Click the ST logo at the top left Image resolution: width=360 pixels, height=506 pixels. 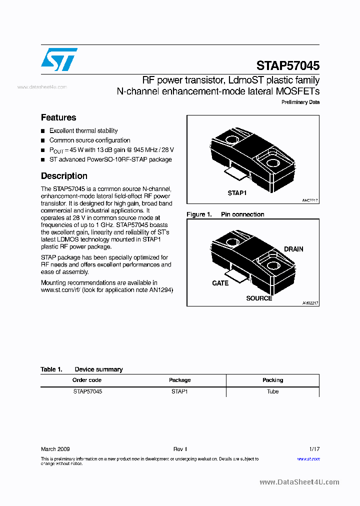[x=59, y=59]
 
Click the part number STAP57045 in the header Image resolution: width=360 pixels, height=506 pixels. [x=287, y=65]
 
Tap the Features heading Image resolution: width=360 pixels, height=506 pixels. [x=58, y=117]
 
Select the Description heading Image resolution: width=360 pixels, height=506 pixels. [x=64, y=176]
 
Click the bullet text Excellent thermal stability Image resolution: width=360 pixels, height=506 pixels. [x=83, y=130]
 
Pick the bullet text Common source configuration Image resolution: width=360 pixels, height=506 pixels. [x=89, y=140]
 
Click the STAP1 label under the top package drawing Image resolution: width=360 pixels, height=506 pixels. [x=237, y=193]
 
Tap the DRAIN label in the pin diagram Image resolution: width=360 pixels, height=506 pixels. [x=293, y=249]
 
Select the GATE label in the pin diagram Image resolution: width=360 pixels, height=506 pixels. [x=220, y=283]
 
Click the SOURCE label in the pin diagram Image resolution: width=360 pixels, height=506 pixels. [x=259, y=298]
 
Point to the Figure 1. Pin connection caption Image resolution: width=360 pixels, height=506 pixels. [x=225, y=214]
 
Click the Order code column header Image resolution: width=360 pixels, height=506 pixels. [x=87, y=380]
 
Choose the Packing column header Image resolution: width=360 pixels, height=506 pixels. [x=272, y=380]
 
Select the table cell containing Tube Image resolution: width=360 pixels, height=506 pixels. [x=272, y=391]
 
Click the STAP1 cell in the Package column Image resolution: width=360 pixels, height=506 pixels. [x=179, y=391]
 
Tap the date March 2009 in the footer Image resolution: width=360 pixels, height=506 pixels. [x=55, y=449]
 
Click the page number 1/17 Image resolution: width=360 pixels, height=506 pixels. [x=314, y=449]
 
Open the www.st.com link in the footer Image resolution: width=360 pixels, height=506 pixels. [x=308, y=458]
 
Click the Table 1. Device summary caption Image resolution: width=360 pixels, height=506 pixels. [x=81, y=369]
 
